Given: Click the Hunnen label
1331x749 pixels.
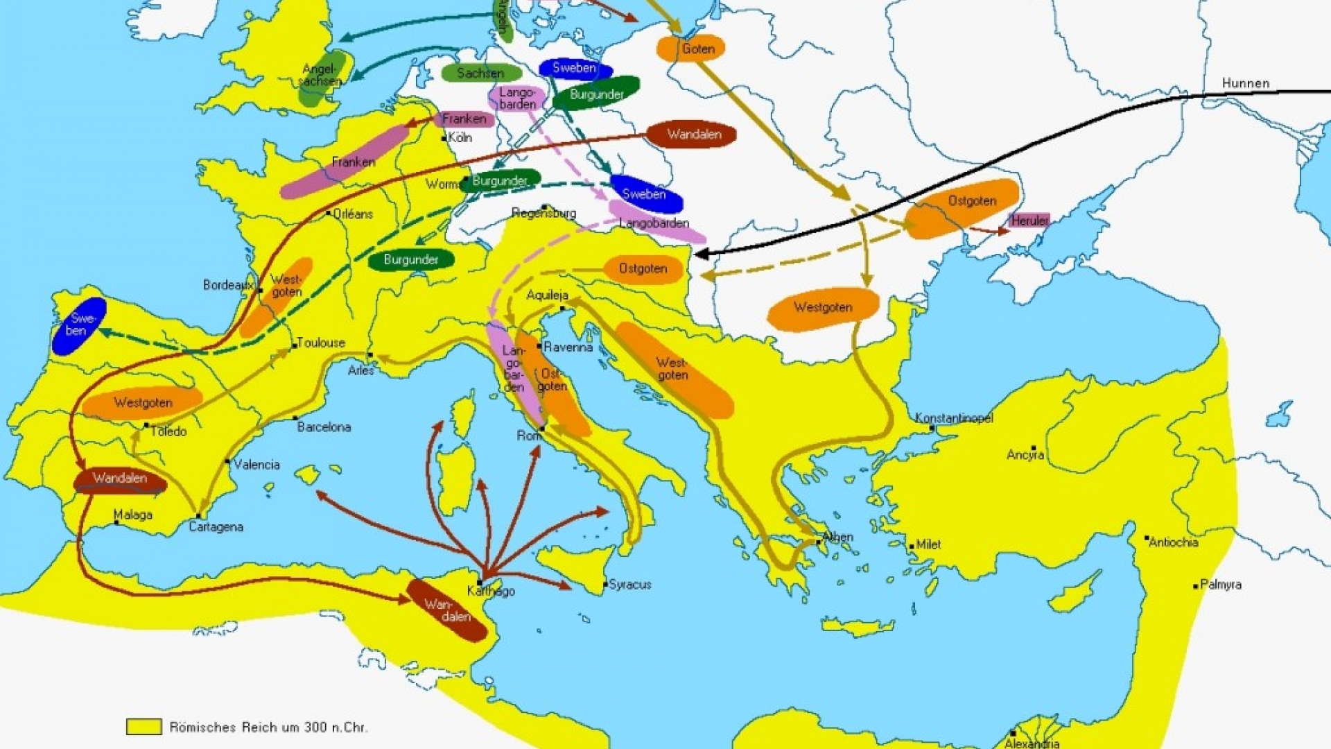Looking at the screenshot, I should (1245, 83).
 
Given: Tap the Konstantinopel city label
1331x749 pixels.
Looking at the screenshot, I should (954, 417).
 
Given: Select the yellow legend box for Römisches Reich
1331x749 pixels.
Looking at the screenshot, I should (143, 726).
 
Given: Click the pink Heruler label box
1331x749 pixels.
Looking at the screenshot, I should (1029, 221).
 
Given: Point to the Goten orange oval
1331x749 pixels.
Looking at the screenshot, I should (691, 49).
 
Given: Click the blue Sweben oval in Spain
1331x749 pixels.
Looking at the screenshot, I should (79, 326).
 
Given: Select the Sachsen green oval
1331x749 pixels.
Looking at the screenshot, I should (480, 73).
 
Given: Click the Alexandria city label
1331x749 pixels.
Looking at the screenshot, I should (1032, 743).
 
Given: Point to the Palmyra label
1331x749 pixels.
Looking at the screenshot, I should (1220, 585).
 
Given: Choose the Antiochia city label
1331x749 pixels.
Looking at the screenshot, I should (1173, 542).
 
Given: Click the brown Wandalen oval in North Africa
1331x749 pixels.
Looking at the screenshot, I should (447, 610).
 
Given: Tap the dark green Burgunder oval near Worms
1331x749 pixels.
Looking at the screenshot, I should (500, 181).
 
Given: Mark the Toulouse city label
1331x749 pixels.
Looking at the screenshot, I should (320, 343).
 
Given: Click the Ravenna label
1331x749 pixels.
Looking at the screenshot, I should (568, 347).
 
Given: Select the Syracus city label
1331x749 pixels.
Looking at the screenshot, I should (629, 585).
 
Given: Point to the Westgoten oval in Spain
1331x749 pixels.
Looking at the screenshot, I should (143, 403).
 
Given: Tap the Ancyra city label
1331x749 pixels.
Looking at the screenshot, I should (1025, 455).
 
